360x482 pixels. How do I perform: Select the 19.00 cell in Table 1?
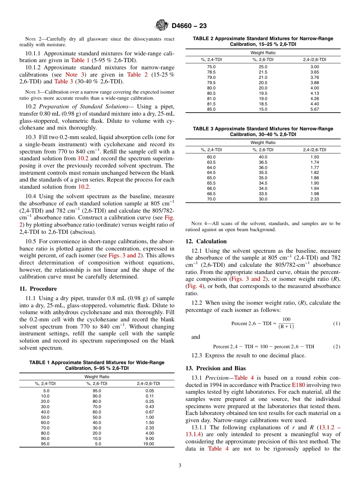pos(149,444)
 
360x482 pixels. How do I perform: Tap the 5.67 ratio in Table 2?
pos(315,109)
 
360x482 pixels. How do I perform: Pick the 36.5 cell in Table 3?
pos(263,162)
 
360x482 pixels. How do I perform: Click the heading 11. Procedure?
pos(38,289)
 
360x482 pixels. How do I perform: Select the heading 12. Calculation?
pos(206,241)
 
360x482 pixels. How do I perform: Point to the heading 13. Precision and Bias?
pos(215,368)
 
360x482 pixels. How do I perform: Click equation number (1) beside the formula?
pos(337,324)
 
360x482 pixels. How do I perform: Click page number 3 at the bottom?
pos(180,466)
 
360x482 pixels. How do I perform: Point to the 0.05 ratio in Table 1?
pos(149,391)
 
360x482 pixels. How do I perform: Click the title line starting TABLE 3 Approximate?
pos(263,129)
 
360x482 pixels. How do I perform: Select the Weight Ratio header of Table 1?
pos(97,377)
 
